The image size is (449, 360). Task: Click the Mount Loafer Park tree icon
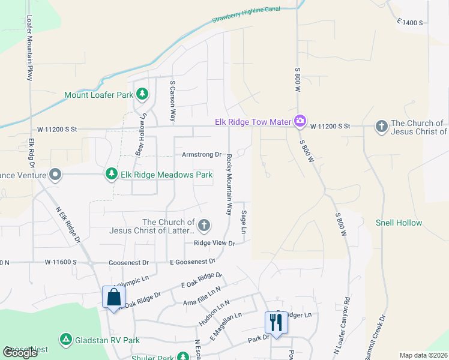[x=142, y=94]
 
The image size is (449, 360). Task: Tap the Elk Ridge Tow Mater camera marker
[x=300, y=122]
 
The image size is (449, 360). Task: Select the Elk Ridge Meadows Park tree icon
[x=111, y=175]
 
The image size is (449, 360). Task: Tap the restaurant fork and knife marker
[x=276, y=322]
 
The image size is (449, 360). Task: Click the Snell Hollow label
[x=399, y=223]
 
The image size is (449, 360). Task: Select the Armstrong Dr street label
[x=202, y=154]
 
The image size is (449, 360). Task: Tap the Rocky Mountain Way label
[x=229, y=184]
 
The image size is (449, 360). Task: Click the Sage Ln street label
[x=244, y=222]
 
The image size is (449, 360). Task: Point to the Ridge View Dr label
[x=214, y=243]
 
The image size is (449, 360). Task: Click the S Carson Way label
[x=173, y=102]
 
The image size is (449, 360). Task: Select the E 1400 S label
[x=410, y=22]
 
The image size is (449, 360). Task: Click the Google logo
[x=20, y=353]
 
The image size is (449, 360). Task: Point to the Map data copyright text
[x=423, y=355]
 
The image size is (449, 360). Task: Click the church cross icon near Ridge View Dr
[x=204, y=226]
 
